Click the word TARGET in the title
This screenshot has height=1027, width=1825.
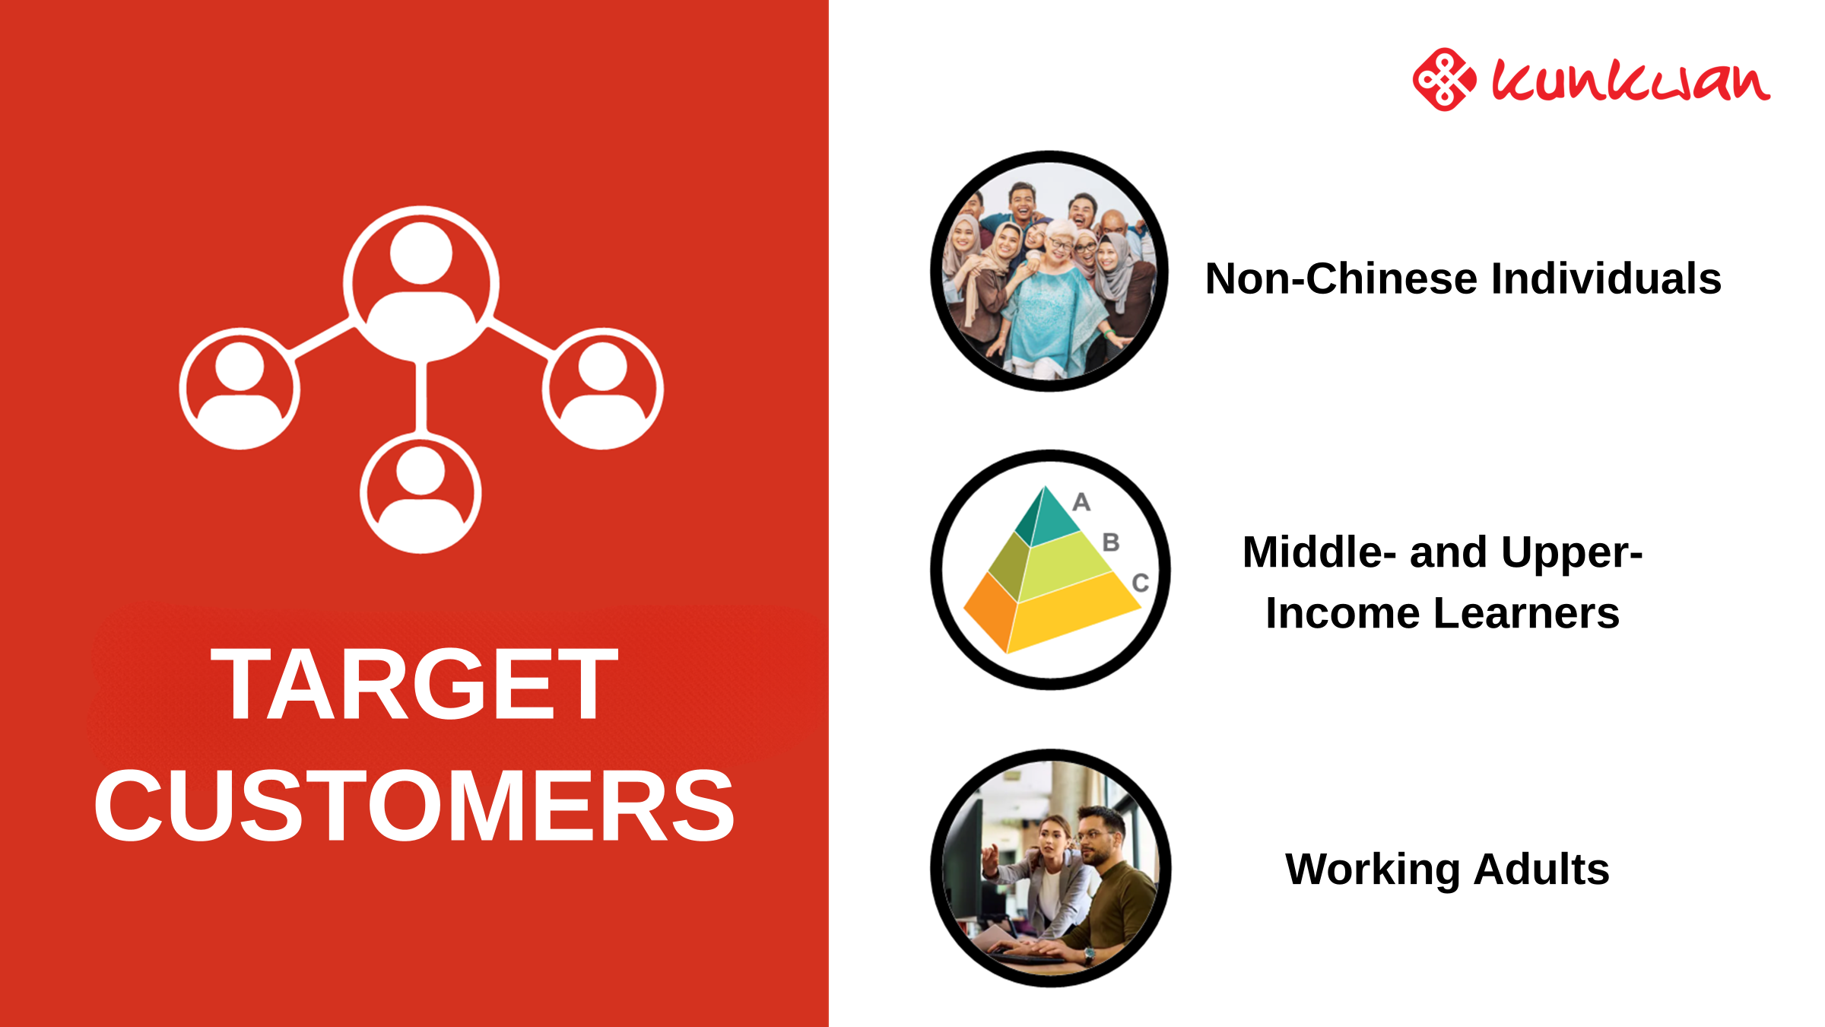point(414,684)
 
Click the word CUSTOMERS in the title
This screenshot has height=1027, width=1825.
point(414,806)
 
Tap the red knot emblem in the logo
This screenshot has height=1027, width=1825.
point(1444,79)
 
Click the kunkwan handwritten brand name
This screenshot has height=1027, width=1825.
point(1630,80)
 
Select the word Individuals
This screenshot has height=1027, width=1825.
point(1606,278)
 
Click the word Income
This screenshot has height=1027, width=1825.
point(1342,613)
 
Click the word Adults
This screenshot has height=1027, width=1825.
point(1541,869)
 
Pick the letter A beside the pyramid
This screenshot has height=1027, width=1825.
point(1081,502)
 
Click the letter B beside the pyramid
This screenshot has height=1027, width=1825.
point(1111,542)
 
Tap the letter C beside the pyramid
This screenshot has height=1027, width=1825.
point(1140,583)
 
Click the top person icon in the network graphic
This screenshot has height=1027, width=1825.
point(421,284)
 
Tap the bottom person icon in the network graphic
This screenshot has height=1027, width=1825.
point(421,493)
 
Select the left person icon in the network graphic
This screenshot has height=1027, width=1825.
point(240,389)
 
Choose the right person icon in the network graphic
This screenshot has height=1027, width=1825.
point(603,389)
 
